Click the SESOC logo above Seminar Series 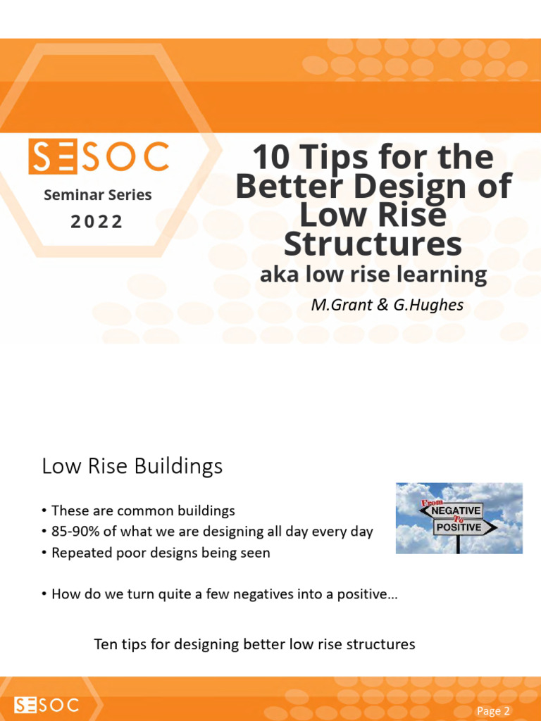coord(99,156)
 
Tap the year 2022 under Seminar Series coord(97,222)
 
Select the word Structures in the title coord(373,244)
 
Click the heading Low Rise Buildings coord(132,466)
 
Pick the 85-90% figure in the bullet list coord(75,532)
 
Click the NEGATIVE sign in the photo coord(456,509)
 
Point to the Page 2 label coord(493,711)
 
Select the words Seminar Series coord(97,195)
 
